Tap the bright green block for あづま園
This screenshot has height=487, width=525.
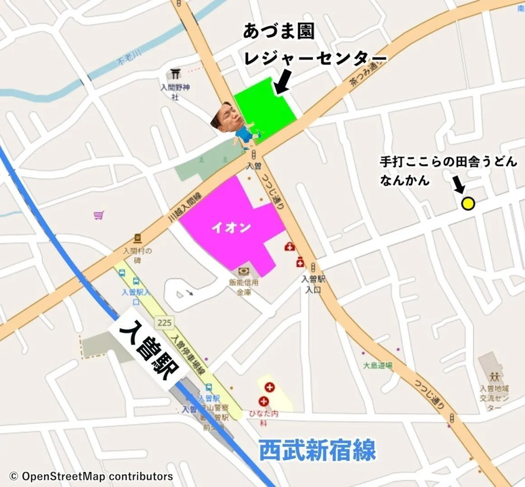[x=265, y=108]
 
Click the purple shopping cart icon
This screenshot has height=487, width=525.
[x=98, y=215]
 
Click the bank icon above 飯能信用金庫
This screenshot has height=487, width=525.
[x=243, y=272]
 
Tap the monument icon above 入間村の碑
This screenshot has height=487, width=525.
[x=137, y=238]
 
